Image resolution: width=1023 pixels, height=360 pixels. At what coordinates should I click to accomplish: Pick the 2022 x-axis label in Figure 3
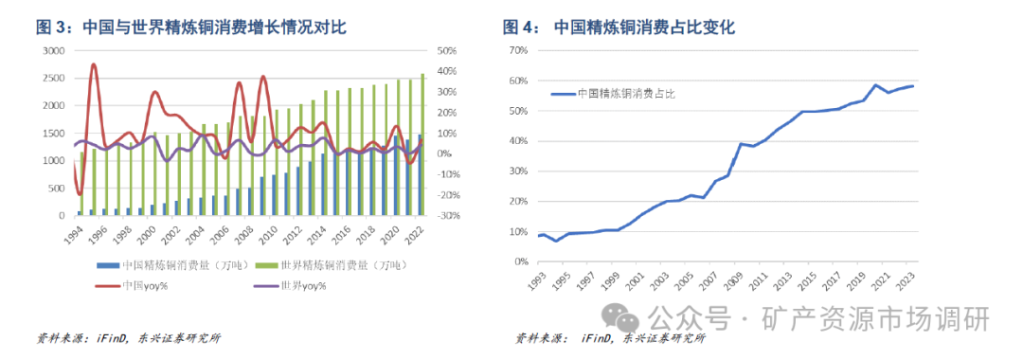[414, 232]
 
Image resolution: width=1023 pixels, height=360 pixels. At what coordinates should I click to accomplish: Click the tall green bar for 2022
[422, 142]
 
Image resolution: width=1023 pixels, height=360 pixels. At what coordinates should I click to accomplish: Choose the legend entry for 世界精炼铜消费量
[335, 265]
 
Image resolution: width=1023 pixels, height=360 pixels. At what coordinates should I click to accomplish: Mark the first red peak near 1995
[94, 65]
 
